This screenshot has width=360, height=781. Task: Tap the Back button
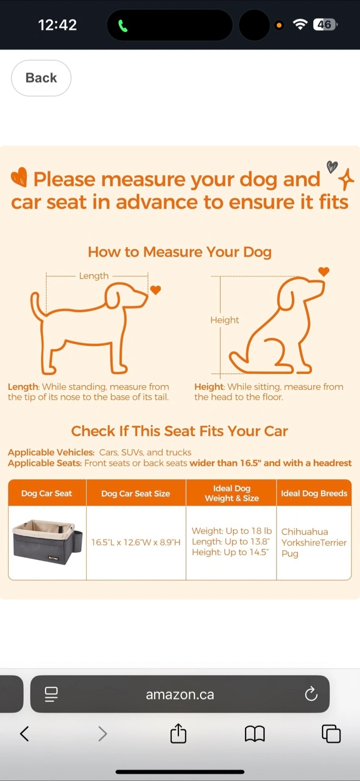(x=41, y=78)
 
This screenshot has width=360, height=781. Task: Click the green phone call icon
(x=123, y=26)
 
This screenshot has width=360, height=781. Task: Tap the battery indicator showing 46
(x=325, y=24)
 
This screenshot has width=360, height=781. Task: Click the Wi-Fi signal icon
(x=300, y=24)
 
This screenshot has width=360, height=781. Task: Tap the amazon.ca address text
(x=180, y=694)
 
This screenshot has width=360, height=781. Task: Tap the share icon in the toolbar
(x=178, y=733)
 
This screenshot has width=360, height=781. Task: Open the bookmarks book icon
(x=255, y=734)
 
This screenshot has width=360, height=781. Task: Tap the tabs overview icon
(x=331, y=734)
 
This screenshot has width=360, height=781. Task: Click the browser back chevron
(x=24, y=734)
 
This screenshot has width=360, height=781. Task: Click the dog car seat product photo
(x=47, y=542)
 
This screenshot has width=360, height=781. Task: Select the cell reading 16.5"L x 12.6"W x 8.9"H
(x=136, y=542)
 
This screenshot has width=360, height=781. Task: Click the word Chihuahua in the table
(x=305, y=532)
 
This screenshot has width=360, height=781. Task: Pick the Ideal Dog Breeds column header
(x=314, y=493)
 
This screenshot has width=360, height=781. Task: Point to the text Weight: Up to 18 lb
(x=232, y=530)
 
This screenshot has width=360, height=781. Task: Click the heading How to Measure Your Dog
(x=179, y=252)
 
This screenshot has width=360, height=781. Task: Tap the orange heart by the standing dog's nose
(x=156, y=290)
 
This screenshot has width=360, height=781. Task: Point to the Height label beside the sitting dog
(x=224, y=320)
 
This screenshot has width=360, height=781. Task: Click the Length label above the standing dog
(x=94, y=276)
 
